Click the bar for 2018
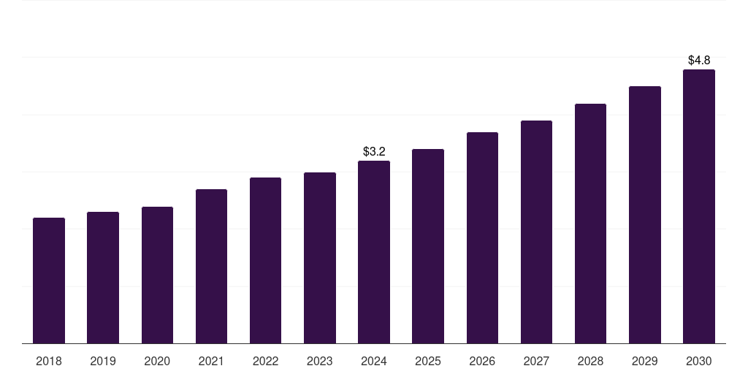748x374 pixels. [49, 280]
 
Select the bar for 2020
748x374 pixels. [157, 275]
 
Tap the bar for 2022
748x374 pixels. [265, 261]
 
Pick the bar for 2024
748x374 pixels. [374, 252]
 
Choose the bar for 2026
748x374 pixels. [482, 238]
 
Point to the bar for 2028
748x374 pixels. [590, 224]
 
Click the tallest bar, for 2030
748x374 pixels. [699, 207]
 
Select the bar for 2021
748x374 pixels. [211, 267]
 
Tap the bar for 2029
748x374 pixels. [645, 215]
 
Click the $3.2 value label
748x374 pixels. [374, 152]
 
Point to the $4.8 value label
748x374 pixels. [699, 61]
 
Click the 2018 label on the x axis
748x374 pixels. [49, 361]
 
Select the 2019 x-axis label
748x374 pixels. [103, 361]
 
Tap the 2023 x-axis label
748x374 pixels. [320, 361]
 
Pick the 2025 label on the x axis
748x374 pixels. [428, 361]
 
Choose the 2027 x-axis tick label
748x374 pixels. [536, 361]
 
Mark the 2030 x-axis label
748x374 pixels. [699, 361]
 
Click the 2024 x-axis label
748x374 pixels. [374, 361]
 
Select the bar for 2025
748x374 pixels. [428, 246]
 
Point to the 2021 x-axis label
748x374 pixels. [211, 361]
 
